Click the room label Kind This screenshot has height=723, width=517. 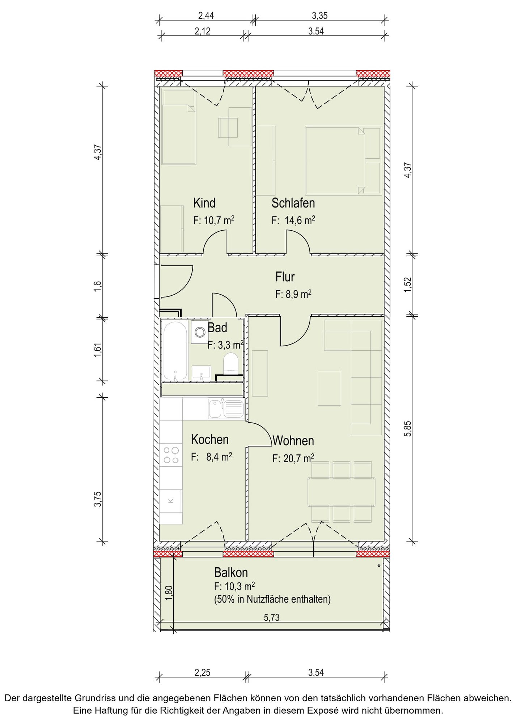[204, 203]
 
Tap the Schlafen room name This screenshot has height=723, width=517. [293, 203]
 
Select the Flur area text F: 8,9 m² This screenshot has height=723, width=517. [293, 294]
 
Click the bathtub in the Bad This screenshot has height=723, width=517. [175, 351]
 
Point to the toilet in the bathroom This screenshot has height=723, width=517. [231, 363]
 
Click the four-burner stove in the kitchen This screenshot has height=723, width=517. [171, 455]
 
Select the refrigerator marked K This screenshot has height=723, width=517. [171, 501]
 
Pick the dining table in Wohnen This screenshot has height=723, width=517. [341, 492]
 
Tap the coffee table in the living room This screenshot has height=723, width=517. [329, 388]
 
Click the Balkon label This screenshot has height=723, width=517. [231, 572]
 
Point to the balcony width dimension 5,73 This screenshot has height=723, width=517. [272, 617]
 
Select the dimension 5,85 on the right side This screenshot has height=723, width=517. [408, 429]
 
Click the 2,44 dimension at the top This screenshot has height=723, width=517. [206, 16]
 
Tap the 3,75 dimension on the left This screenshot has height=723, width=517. [98, 499]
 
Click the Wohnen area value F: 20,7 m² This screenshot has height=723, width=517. [293, 458]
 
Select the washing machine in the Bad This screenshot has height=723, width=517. [200, 332]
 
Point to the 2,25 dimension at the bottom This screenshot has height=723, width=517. [202, 672]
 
